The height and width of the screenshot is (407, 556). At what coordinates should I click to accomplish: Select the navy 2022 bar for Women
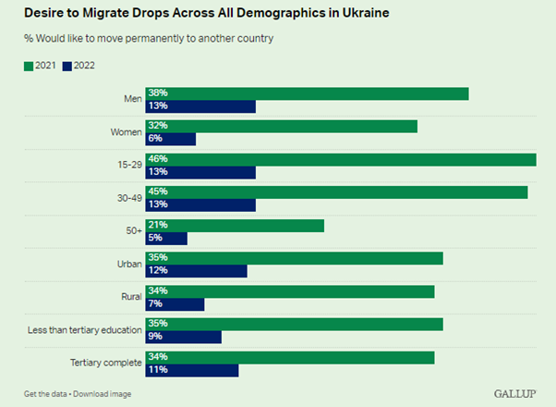pos(171,139)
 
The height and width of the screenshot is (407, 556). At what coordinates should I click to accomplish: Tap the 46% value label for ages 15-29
pos(156,160)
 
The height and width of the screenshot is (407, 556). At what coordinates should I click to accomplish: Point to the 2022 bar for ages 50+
pos(166,238)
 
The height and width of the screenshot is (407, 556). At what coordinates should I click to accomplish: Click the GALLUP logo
pos(514,393)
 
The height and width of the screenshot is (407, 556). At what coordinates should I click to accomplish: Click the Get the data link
pos(45,394)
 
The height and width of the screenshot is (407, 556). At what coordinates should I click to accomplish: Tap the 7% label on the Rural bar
pos(154,304)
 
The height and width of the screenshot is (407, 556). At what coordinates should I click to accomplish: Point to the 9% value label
pos(154,338)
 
